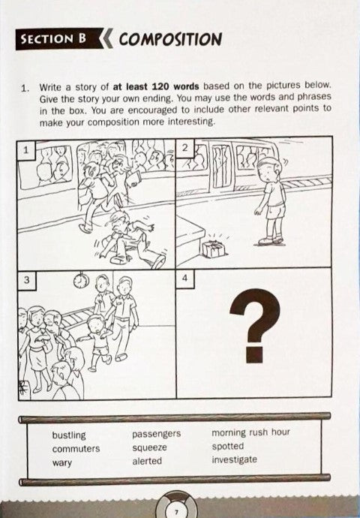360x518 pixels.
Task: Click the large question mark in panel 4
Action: point(256,325)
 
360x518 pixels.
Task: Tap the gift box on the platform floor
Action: point(213,248)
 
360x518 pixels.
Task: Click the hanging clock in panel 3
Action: point(81,281)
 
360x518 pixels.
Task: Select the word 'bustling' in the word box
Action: point(69,435)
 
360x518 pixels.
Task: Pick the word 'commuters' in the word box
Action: point(76,449)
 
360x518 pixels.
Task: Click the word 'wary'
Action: point(61,463)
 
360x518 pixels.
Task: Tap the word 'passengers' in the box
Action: point(157,434)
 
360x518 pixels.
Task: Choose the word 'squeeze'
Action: point(149,448)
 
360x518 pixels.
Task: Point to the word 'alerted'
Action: point(147,461)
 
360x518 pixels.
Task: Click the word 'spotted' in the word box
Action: point(228,447)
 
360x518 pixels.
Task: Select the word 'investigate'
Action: point(234,459)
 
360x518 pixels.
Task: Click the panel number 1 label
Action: point(25,150)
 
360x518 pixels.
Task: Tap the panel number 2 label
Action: point(185,147)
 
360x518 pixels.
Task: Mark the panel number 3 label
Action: point(27,280)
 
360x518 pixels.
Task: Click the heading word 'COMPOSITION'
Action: point(170,39)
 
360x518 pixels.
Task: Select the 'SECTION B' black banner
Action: point(59,39)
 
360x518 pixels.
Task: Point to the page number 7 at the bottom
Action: point(176,512)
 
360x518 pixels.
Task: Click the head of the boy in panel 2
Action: point(269,169)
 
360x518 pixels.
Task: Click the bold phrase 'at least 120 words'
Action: point(156,86)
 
